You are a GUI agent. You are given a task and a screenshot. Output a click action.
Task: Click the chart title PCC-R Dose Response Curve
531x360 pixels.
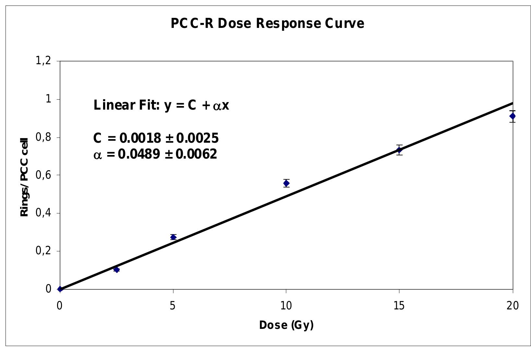click(267, 24)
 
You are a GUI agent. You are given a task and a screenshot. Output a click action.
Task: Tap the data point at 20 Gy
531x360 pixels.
click(512, 116)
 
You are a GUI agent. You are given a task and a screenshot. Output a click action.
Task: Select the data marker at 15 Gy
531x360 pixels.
click(399, 150)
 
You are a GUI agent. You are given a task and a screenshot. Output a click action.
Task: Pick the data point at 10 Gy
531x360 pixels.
click(286, 183)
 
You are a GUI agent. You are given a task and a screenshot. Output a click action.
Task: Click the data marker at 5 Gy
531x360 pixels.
click(173, 237)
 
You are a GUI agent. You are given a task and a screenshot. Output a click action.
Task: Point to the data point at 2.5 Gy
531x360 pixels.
click(117, 270)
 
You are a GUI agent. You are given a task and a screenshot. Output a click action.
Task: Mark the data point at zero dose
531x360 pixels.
click(60, 289)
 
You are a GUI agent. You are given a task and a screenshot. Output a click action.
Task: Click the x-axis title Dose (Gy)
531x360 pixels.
click(286, 325)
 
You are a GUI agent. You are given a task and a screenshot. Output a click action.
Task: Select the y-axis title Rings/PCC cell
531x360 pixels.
click(25, 177)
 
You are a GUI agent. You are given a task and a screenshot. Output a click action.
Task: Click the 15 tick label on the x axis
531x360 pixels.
click(399, 306)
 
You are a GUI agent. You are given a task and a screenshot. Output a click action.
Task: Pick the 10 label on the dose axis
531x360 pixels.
click(286, 306)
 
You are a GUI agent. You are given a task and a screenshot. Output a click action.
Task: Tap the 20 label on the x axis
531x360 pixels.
click(512, 306)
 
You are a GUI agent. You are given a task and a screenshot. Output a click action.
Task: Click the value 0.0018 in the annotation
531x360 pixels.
click(140, 138)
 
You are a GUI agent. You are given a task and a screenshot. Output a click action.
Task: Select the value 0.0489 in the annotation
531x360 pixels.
click(139, 154)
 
